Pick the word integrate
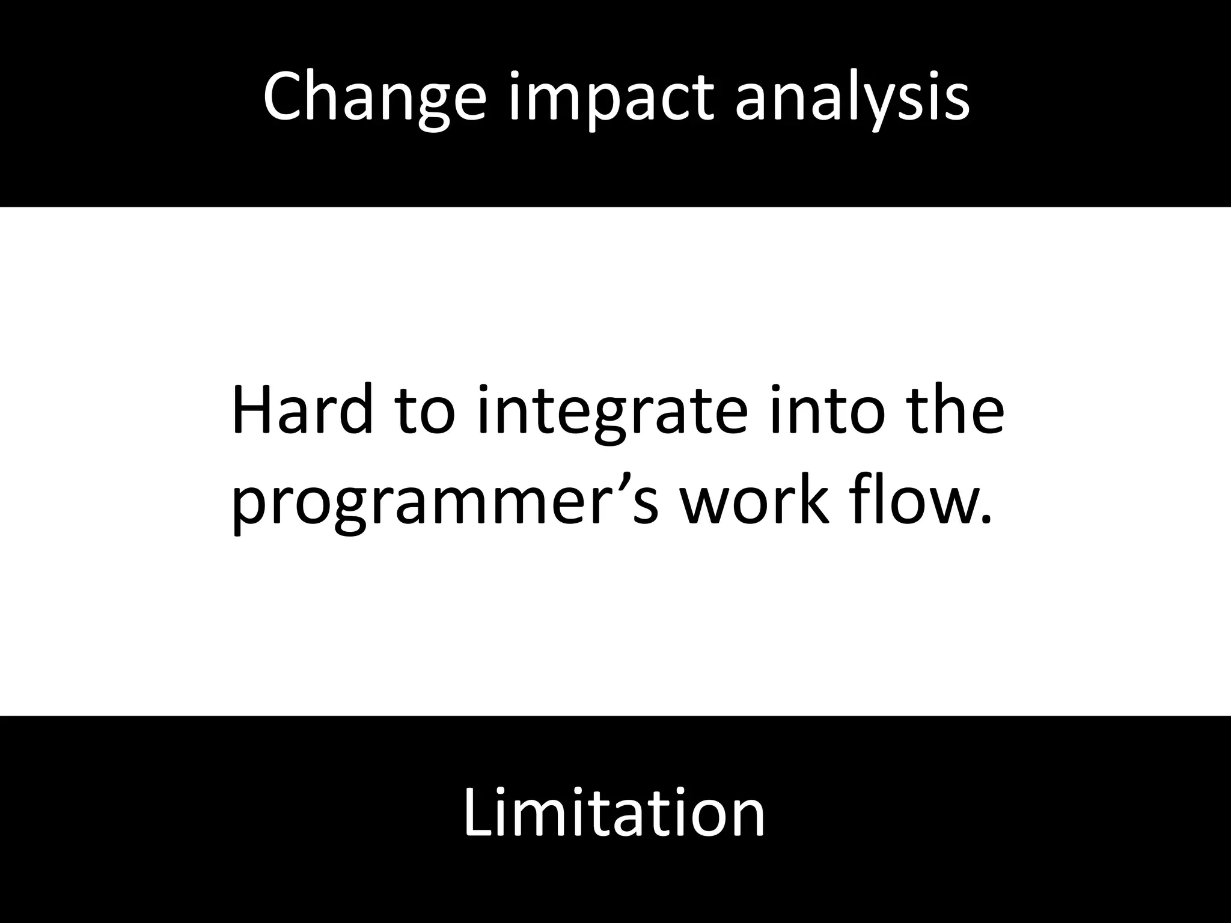pos(613,415)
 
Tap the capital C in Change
pos(286,96)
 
